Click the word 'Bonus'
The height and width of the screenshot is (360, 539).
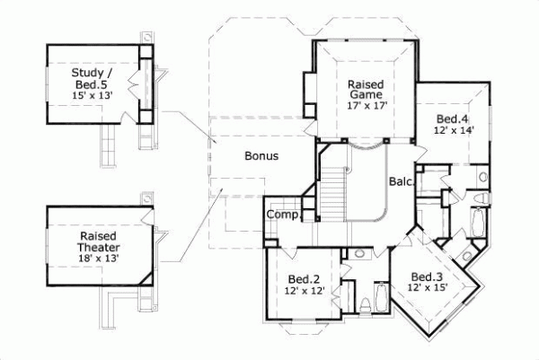tap(261, 155)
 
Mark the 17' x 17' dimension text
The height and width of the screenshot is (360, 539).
tap(366, 105)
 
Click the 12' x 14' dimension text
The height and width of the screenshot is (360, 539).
tap(452, 131)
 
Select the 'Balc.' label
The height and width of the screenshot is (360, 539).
tap(401, 182)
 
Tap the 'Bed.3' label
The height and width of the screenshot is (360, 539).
tap(427, 276)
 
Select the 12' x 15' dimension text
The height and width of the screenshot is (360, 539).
tap(429, 288)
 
